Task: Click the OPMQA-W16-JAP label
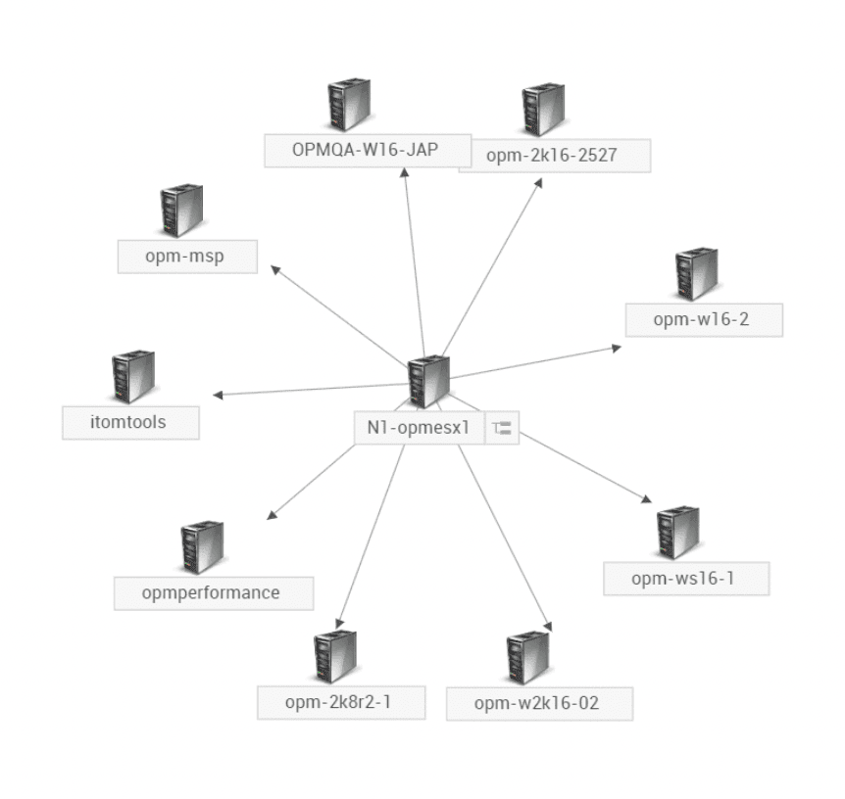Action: coord(367,151)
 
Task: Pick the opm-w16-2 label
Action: coord(704,320)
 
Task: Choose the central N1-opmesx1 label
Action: coord(419,428)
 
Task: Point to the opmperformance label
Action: coord(211,593)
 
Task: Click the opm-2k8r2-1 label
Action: coord(340,702)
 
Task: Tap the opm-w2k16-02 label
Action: coord(538,704)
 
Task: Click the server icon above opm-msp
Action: coord(181,210)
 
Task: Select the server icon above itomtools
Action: coord(133,375)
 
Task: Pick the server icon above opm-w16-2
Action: coord(696,275)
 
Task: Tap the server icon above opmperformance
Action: coord(202,547)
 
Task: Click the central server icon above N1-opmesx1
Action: coord(428,381)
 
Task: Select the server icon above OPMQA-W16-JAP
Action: coord(349,107)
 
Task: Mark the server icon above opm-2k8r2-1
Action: coord(334,656)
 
